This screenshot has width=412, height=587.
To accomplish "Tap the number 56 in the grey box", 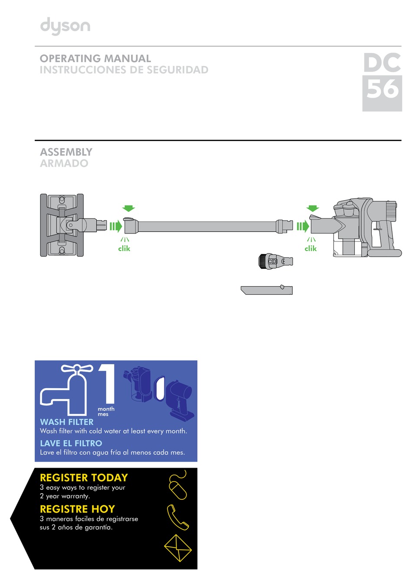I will pyautogui.click(x=382, y=89).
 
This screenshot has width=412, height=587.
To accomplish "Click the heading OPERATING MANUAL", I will pyautogui.click(x=95, y=59).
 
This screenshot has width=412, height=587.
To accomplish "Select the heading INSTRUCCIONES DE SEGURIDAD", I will pyautogui.click(x=124, y=70).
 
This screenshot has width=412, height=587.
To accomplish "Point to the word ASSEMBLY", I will pyautogui.click(x=66, y=152).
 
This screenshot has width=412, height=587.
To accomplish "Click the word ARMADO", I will pyautogui.click(x=64, y=163).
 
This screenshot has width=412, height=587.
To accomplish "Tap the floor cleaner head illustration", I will pyautogui.click(x=62, y=225).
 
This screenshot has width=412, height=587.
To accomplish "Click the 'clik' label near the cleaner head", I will pyautogui.click(x=124, y=248).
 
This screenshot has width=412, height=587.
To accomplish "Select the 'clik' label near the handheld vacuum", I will pyautogui.click(x=311, y=248).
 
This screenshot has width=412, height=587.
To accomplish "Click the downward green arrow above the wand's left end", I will pyautogui.click(x=129, y=208).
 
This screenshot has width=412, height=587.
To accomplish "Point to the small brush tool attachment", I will pyautogui.click(x=275, y=261).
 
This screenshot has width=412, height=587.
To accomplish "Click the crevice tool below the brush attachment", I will pyautogui.click(x=267, y=290).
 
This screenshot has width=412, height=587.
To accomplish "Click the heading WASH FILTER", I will pyautogui.click(x=67, y=422).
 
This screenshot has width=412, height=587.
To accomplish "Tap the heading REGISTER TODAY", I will pyautogui.click(x=84, y=478).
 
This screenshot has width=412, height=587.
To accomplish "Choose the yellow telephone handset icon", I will pyautogui.click(x=178, y=517).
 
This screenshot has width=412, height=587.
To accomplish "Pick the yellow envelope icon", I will pyautogui.click(x=178, y=548).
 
